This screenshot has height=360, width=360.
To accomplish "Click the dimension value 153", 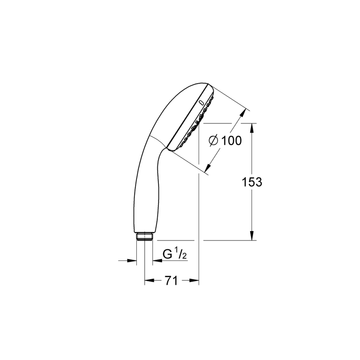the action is [252, 182].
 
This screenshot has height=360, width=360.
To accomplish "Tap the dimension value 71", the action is [171, 280].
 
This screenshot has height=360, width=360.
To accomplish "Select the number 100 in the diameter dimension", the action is [231, 140].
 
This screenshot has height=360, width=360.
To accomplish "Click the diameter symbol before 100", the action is [214, 140].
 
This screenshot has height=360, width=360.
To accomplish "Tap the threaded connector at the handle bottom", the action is [144, 237].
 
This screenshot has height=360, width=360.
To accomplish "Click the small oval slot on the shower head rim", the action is [201, 103].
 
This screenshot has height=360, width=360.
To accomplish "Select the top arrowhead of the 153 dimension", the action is [252, 128].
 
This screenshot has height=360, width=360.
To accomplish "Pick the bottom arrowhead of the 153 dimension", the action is [252, 236].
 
